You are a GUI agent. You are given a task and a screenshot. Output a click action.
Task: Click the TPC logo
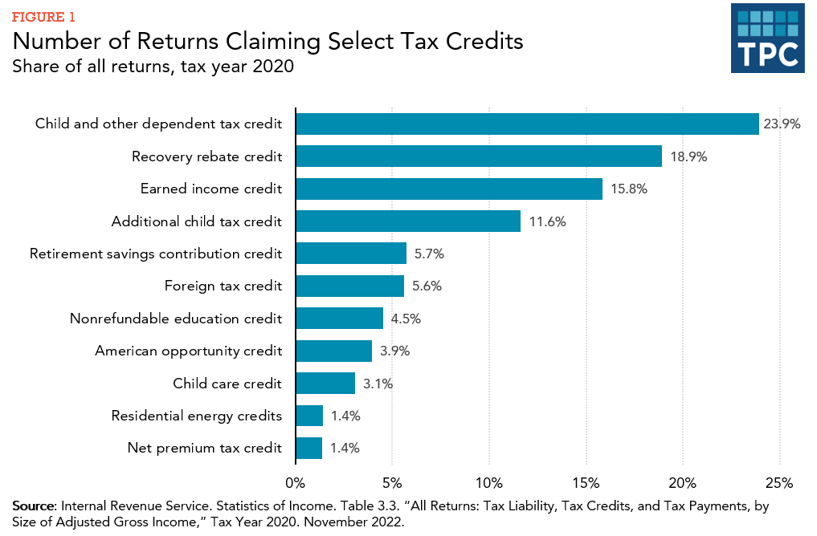[x=767, y=38]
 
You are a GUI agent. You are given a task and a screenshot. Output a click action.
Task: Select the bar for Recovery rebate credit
[x=479, y=156]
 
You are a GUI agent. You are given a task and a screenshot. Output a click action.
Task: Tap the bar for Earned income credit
[x=449, y=189]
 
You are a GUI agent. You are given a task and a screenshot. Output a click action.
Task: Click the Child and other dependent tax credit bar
[x=527, y=124]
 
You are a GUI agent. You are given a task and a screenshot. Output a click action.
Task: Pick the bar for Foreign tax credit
[x=350, y=286]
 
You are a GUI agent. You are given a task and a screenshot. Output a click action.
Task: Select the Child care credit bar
[x=325, y=383]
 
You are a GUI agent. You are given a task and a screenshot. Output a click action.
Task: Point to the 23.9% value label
[x=782, y=124]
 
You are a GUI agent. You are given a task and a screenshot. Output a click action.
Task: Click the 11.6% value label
[x=547, y=221]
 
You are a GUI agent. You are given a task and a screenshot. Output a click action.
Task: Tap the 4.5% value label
[x=406, y=319]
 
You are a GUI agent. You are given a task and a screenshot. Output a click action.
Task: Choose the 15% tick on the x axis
[x=586, y=483]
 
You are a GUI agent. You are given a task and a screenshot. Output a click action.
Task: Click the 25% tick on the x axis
[x=779, y=483]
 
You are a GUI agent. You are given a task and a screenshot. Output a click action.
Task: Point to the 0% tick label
[x=296, y=483]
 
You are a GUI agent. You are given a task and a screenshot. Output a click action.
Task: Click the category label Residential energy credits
[x=197, y=416]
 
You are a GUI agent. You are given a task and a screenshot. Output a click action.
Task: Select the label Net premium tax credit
[x=205, y=448]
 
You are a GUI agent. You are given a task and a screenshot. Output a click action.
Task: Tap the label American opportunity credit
[x=189, y=351]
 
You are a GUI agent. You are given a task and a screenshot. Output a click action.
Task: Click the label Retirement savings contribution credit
[x=156, y=254]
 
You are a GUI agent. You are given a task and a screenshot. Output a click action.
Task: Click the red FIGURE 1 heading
[x=45, y=16]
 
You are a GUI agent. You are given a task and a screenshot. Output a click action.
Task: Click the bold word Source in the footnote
[x=34, y=506]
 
